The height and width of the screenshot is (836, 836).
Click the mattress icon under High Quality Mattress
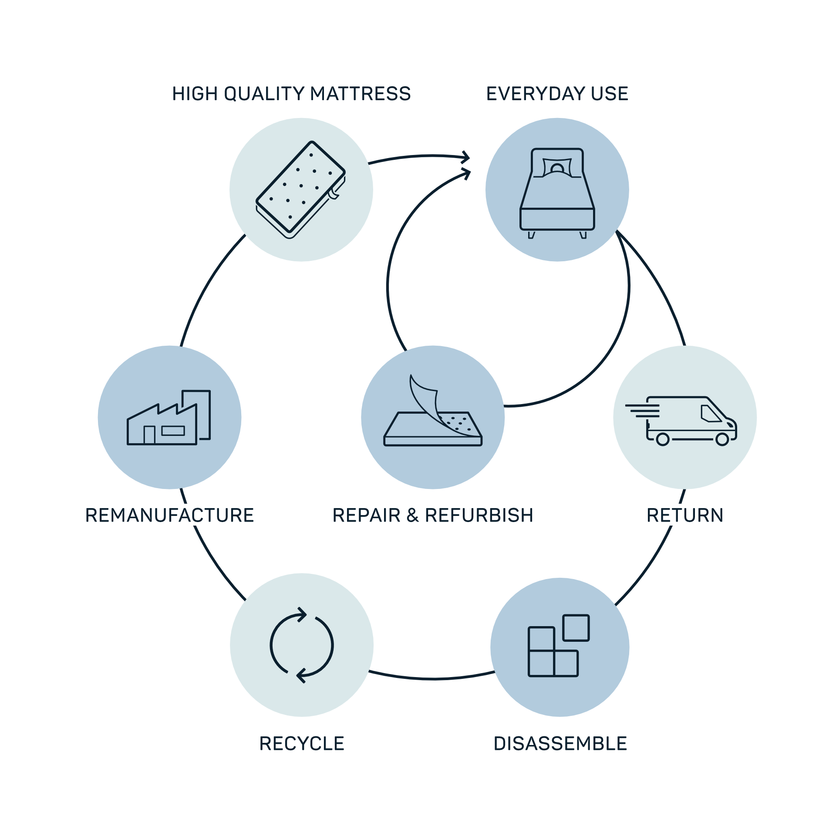coord(300,190)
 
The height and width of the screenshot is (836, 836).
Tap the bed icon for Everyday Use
coord(557,193)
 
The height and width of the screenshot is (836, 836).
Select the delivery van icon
coord(681,421)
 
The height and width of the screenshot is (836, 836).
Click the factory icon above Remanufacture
coord(169,418)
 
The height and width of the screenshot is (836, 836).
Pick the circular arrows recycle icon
coord(302,645)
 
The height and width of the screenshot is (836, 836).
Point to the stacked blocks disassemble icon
coord(559,645)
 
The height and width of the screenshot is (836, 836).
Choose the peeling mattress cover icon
coord(433,410)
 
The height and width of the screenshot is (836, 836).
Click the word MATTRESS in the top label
coord(361,94)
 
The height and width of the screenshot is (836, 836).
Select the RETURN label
coord(685,516)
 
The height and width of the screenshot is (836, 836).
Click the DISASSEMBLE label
coord(560,744)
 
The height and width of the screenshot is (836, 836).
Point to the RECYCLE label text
coord(302,744)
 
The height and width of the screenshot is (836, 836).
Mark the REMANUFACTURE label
coord(169,516)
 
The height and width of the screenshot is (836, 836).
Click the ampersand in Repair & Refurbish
coord(413,516)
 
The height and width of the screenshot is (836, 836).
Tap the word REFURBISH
coord(479,516)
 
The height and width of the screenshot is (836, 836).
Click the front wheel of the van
coord(722,439)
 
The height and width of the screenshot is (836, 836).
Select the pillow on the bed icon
coord(557,167)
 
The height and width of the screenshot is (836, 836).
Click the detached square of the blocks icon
coord(576,628)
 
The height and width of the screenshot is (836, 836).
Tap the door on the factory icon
coord(149,435)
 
